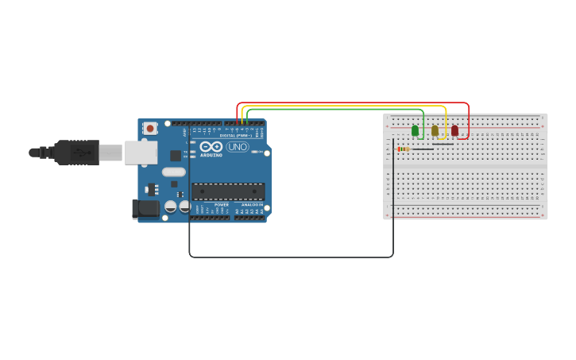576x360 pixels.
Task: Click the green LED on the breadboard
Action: click(415, 130)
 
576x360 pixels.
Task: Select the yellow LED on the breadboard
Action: click(435, 130)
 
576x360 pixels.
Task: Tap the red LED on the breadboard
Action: click(454, 130)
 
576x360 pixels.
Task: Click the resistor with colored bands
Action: click(403, 149)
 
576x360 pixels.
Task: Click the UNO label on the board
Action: click(238, 147)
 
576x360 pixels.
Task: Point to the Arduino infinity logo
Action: click(211, 147)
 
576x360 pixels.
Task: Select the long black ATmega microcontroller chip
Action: click(228, 192)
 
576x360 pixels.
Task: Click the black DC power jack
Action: click(145, 209)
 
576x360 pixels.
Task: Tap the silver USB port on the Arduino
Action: click(141, 152)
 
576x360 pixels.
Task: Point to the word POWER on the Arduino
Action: click(222, 204)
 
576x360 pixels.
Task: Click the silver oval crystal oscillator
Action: click(173, 172)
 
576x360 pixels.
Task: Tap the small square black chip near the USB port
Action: click(175, 156)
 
